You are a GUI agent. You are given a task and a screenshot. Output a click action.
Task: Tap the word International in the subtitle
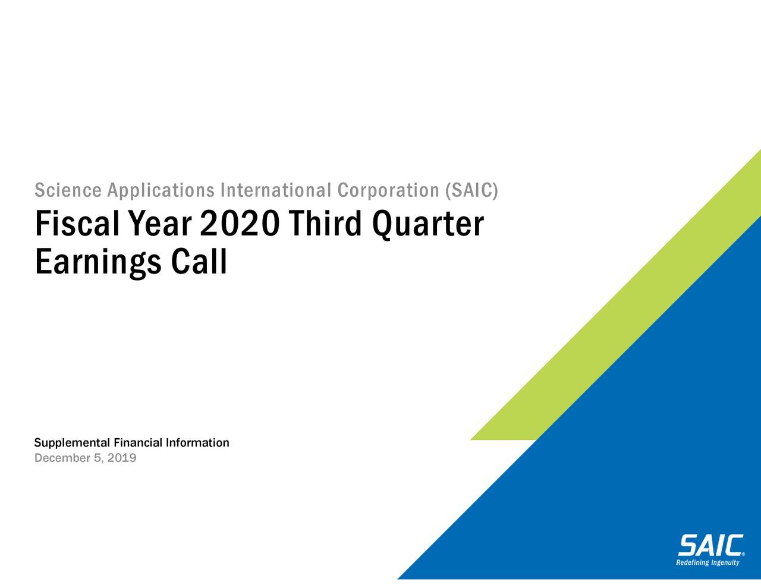[275, 191]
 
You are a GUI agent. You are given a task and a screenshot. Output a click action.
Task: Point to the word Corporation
[388, 191]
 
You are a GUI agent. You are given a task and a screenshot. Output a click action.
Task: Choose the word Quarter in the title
[427, 224]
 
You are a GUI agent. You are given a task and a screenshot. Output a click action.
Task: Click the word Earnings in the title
[98, 262]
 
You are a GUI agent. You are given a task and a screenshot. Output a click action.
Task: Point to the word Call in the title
[199, 262]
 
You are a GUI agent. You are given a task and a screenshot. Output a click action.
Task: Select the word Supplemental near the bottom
[72, 444]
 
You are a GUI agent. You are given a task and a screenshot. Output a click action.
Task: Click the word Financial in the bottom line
[138, 443]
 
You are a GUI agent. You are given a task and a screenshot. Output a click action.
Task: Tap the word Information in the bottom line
[197, 443]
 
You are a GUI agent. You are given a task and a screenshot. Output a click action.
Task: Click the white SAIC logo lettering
[710, 545]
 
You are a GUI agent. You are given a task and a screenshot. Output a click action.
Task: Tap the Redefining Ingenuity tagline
[708, 562]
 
